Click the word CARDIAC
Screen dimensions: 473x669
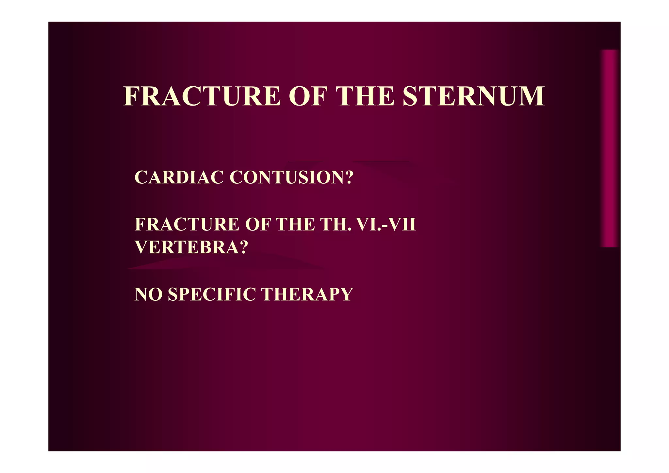179,177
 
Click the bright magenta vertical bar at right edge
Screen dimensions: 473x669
609,148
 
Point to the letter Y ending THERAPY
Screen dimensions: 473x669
347,294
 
